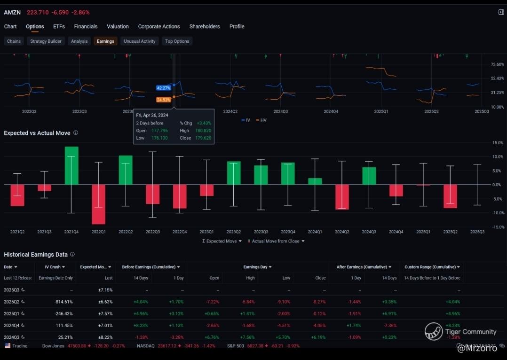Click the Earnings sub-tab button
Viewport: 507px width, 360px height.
pos(105,41)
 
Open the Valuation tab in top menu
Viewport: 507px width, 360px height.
pos(118,27)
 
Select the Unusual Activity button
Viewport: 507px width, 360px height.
pos(139,41)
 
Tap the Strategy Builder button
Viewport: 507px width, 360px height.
pos(46,41)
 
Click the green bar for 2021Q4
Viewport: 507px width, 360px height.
pos(71,165)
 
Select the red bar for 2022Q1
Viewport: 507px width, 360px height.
pos(99,204)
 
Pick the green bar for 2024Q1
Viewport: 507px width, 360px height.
pos(315,181)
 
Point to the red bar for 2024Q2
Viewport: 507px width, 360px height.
pos(342,196)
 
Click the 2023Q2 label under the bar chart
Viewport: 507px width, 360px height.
pos(234,232)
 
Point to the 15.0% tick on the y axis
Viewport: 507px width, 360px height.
pos(498,142)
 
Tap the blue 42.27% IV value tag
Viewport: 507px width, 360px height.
pos(164,88)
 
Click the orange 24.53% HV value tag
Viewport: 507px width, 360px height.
pos(164,100)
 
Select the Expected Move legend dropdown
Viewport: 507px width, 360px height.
pos(222,241)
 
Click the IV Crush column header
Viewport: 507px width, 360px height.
pos(53,267)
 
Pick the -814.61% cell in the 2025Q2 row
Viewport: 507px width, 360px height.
pos(63,302)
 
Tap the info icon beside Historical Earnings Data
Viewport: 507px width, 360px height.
pos(72,254)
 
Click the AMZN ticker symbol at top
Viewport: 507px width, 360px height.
pos(12,12)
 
